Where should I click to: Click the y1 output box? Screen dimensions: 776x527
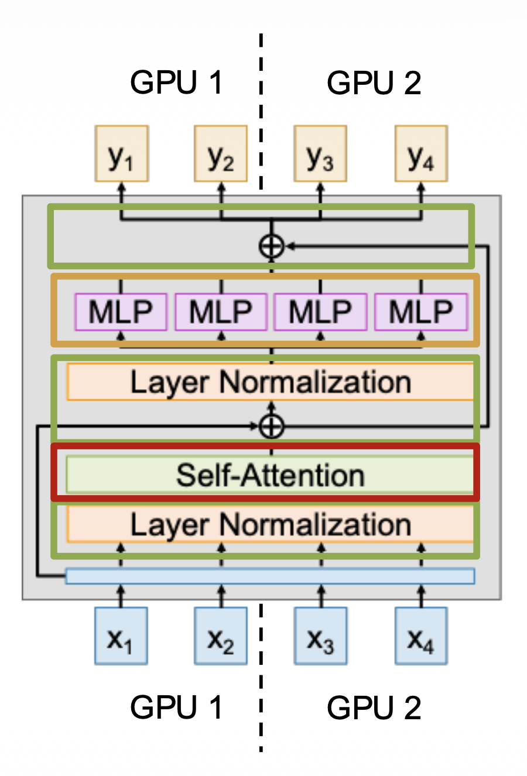coord(121,154)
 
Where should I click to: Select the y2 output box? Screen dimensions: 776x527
coord(221,154)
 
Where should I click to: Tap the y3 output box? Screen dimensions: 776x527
coord(320,154)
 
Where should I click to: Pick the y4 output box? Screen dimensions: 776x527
coord(421,154)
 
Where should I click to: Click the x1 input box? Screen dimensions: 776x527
coord(121,636)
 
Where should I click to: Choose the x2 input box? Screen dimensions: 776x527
coord(221,636)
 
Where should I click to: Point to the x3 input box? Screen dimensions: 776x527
coord(320,636)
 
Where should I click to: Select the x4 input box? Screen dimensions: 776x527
coord(421,636)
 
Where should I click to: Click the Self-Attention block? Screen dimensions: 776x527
coord(271,475)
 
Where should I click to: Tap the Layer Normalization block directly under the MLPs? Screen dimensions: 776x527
coord(271,382)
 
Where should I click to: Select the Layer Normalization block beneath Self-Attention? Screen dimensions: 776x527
coord(271,524)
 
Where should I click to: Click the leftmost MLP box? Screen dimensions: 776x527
coord(121,312)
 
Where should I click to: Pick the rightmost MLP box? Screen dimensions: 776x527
coord(421,312)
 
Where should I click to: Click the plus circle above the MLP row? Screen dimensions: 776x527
coord(271,246)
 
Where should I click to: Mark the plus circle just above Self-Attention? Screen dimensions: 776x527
coord(271,427)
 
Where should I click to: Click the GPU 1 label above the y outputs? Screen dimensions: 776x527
coord(176,83)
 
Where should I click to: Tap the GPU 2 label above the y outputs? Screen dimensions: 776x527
coord(374,83)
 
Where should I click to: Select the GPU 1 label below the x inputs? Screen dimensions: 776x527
coord(176,708)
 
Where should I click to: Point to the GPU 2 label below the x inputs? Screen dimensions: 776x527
coord(374,708)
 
